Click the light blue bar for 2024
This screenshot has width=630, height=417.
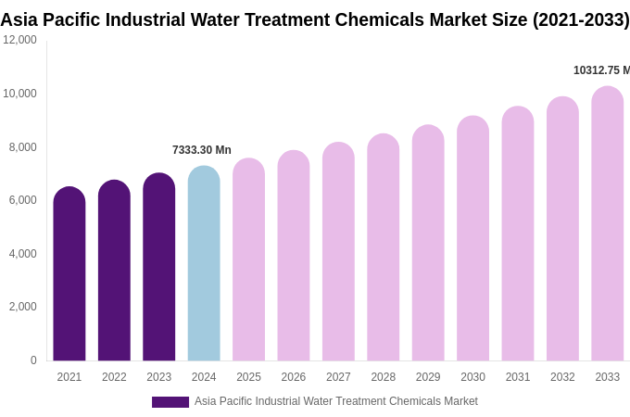coord(204,264)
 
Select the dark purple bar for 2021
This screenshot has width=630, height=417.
coord(69,274)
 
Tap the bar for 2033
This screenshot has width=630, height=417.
coord(608,224)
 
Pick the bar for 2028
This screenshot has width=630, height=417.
coord(384,248)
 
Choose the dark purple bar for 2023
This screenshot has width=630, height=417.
coord(159,268)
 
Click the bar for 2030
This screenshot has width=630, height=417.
coord(472,239)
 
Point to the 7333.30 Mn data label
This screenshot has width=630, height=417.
coord(202,150)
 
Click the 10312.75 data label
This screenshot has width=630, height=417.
coord(601,70)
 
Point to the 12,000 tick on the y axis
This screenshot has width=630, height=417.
coord(19,40)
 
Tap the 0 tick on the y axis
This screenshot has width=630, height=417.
coord(33,360)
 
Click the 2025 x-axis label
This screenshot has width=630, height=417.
coord(248,377)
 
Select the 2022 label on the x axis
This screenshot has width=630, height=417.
coord(114,377)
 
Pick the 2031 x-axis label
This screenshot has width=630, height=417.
coord(518,377)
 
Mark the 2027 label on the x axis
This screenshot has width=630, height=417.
coord(338,377)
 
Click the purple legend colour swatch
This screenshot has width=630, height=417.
coord(170,402)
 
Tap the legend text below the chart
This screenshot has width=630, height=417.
coord(336,401)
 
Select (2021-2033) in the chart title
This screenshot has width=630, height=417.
coord(581,19)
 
